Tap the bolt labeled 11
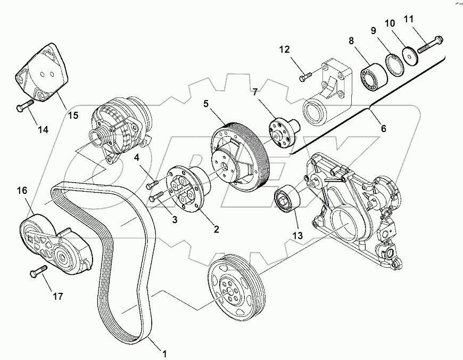click(429, 44)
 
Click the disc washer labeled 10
click(410, 56)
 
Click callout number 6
click(383, 129)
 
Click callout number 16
click(22, 190)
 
